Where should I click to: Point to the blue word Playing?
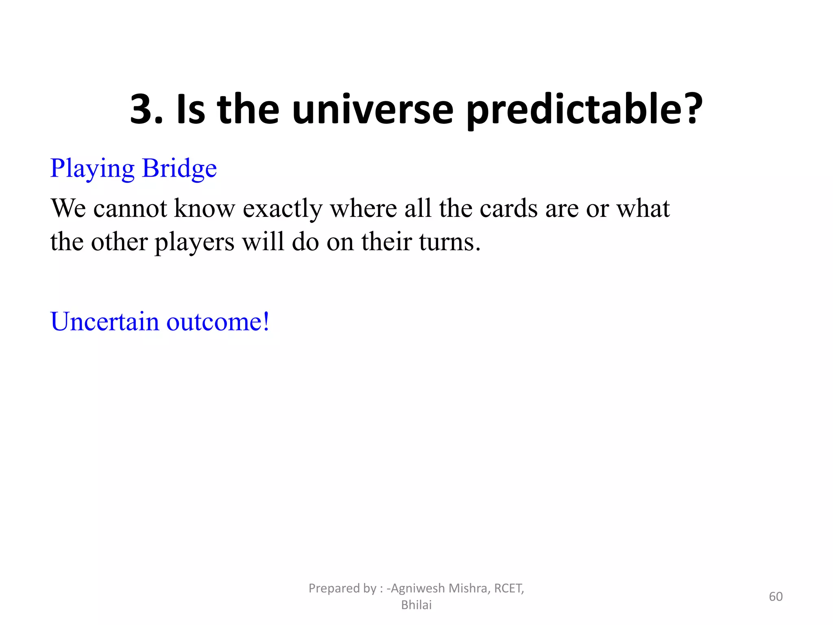92,169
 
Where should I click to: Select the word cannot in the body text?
130,208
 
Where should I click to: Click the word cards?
509,208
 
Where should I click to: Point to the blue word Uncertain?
105,321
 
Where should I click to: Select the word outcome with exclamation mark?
218,321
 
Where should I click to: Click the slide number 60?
776,597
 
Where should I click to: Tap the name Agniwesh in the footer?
418,588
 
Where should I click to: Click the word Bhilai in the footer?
416,605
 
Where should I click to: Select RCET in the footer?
508,588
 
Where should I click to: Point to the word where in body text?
363,208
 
